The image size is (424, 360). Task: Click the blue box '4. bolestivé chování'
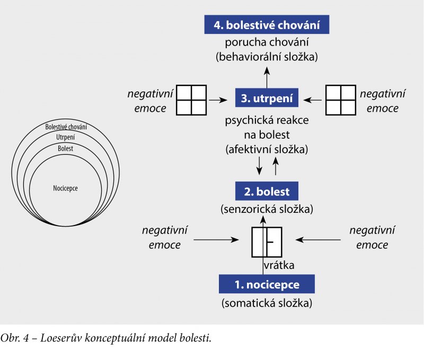pyautogui.click(x=267, y=25)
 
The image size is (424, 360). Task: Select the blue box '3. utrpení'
pyautogui.click(x=267, y=98)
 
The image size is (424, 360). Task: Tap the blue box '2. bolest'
pyautogui.click(x=267, y=190)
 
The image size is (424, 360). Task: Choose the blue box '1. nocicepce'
pyautogui.click(x=267, y=285)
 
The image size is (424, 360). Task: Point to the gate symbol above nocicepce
pyautogui.click(x=267, y=241)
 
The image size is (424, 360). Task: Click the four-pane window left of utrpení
pyautogui.click(x=191, y=99)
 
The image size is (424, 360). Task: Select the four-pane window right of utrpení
pyautogui.click(x=340, y=99)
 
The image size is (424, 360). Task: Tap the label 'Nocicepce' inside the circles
pyautogui.click(x=66, y=188)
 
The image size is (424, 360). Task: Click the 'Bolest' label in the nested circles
pyautogui.click(x=66, y=149)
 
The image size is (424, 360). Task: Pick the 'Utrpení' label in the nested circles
pyautogui.click(x=66, y=137)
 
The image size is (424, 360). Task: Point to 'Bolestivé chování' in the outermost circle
pyautogui.click(x=66, y=127)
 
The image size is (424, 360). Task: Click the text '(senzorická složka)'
pyautogui.click(x=267, y=209)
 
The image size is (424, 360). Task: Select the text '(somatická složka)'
pyautogui.click(x=267, y=304)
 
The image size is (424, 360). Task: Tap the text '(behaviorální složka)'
pyautogui.click(x=267, y=57)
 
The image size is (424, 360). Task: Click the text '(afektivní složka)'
pyautogui.click(x=267, y=149)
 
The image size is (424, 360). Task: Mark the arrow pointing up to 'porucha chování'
pyautogui.click(x=267, y=77)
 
